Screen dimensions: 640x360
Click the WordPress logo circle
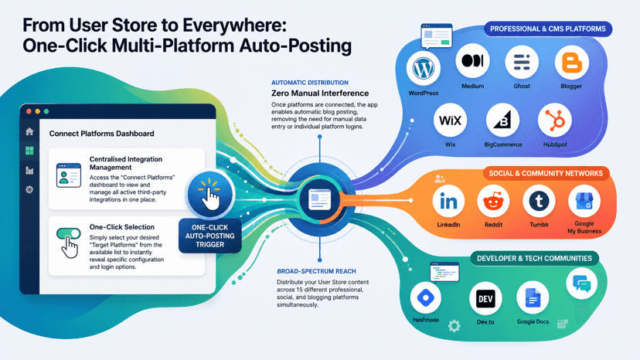(424, 68)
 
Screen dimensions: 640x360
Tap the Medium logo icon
(472, 61)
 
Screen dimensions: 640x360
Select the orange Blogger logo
(571, 63)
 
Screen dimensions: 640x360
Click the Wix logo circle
(450, 121)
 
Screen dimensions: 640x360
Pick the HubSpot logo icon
(555, 121)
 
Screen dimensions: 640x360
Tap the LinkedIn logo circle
(448, 201)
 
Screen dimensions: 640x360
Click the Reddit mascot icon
(493, 201)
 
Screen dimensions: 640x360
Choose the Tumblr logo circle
(539, 201)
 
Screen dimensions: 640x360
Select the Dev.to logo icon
(485, 299)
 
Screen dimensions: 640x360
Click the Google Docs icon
(533, 298)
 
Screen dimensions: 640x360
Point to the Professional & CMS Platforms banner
(548, 29)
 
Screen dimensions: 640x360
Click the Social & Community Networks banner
(546, 174)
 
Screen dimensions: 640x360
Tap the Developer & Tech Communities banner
(534, 258)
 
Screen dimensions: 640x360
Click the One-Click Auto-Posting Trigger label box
(209, 236)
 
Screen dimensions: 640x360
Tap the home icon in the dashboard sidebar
(29, 131)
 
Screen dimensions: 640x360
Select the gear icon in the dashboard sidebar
(29, 189)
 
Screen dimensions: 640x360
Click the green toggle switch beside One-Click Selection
(69, 233)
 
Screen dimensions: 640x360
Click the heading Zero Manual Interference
(320, 93)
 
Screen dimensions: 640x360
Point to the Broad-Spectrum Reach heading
(316, 271)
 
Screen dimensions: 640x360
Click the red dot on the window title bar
(29, 111)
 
